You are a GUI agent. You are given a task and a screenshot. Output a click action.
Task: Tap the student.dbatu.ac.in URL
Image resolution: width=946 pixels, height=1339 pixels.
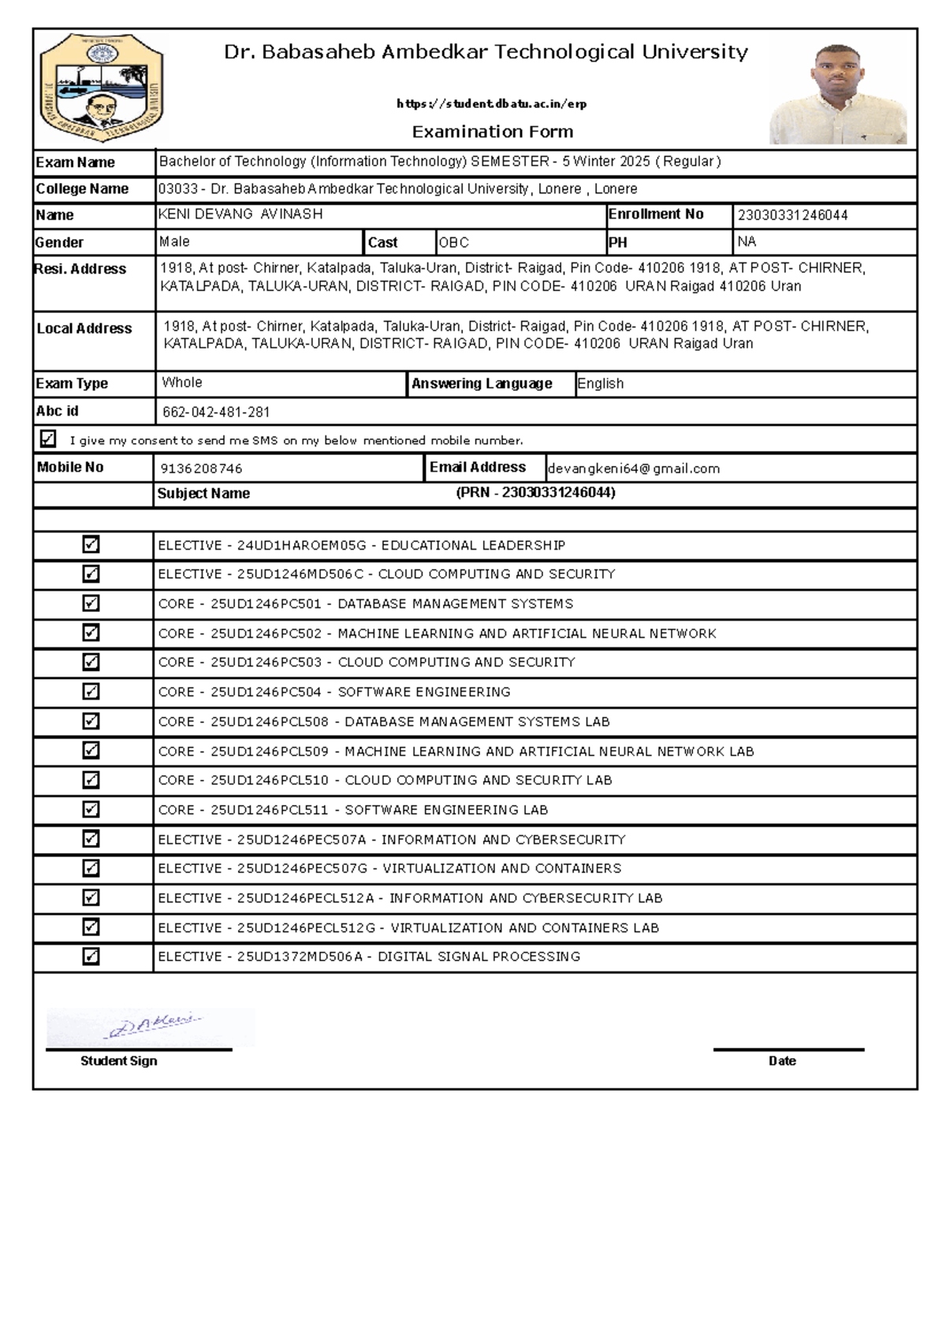(492, 103)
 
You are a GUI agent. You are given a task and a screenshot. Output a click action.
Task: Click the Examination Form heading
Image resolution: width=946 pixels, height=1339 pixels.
(493, 132)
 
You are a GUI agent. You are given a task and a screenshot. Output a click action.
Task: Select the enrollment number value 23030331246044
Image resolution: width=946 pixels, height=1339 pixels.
(792, 215)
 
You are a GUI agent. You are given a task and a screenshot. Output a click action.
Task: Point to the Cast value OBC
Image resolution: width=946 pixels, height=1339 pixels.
(454, 242)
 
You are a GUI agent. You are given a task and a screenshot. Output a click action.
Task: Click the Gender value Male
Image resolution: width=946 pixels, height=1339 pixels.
(174, 241)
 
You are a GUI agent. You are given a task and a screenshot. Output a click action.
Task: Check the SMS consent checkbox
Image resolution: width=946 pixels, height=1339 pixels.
(48, 439)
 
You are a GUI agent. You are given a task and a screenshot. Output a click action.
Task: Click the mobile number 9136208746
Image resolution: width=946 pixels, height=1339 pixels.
(201, 468)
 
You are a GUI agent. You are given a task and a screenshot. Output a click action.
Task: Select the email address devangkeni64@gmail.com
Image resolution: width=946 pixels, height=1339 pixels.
(634, 468)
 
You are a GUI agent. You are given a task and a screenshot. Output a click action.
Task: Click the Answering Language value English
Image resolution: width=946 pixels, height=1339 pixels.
(600, 383)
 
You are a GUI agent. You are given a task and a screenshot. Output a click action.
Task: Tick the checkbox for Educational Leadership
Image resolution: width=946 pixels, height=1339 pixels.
(91, 545)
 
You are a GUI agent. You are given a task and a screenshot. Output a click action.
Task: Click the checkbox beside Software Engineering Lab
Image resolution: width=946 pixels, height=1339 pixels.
(91, 810)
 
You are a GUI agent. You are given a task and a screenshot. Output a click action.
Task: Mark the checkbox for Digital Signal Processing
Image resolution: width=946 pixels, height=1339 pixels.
(91, 957)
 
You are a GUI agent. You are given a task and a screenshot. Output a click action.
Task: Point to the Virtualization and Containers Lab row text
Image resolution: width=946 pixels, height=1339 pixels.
(524, 928)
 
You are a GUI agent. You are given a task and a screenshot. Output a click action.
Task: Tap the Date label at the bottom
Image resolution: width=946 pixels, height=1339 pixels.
(782, 1061)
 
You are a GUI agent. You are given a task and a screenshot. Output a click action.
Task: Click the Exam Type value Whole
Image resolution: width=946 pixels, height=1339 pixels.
(182, 382)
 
